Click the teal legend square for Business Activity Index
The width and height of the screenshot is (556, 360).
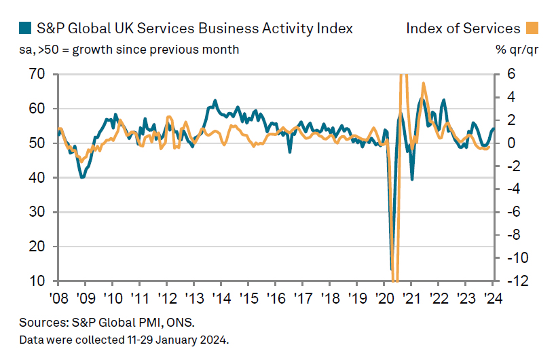coord(24,28)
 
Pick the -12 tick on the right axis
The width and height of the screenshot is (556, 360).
coord(511,281)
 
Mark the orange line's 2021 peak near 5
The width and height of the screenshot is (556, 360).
coord(424,84)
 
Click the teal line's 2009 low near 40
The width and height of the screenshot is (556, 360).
coord(82,177)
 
